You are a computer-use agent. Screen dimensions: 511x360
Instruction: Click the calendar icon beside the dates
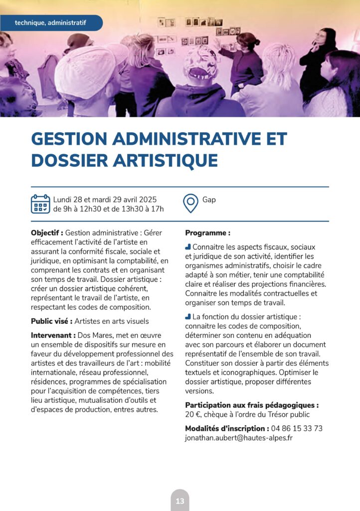pyautogui.click(x=40, y=204)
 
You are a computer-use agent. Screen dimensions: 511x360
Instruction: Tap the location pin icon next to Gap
pyautogui.click(x=190, y=204)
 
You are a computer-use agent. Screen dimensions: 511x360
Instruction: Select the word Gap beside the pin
pyautogui.click(x=209, y=200)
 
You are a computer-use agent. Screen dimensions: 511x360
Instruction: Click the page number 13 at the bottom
pyautogui.click(x=180, y=501)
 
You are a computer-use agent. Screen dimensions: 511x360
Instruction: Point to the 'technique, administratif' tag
pyautogui.click(x=50, y=23)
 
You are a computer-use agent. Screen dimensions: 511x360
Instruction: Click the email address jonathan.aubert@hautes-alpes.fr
pyautogui.click(x=239, y=438)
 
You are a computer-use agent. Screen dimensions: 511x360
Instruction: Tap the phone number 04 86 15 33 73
pyautogui.click(x=296, y=428)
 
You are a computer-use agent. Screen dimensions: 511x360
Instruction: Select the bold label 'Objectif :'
pyautogui.click(x=47, y=233)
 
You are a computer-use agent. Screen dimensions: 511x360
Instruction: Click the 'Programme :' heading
pyautogui.click(x=207, y=233)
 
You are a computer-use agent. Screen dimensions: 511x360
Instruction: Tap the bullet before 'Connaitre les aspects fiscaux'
pyautogui.click(x=188, y=247)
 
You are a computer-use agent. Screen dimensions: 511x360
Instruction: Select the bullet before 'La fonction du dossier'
pyautogui.click(x=188, y=316)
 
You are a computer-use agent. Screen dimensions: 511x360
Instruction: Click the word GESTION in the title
pyautogui.click(x=76, y=139)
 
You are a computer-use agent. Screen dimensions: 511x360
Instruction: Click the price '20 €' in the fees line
pyautogui.click(x=192, y=414)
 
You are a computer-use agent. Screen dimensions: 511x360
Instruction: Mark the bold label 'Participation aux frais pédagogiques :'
pyautogui.click(x=251, y=405)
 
